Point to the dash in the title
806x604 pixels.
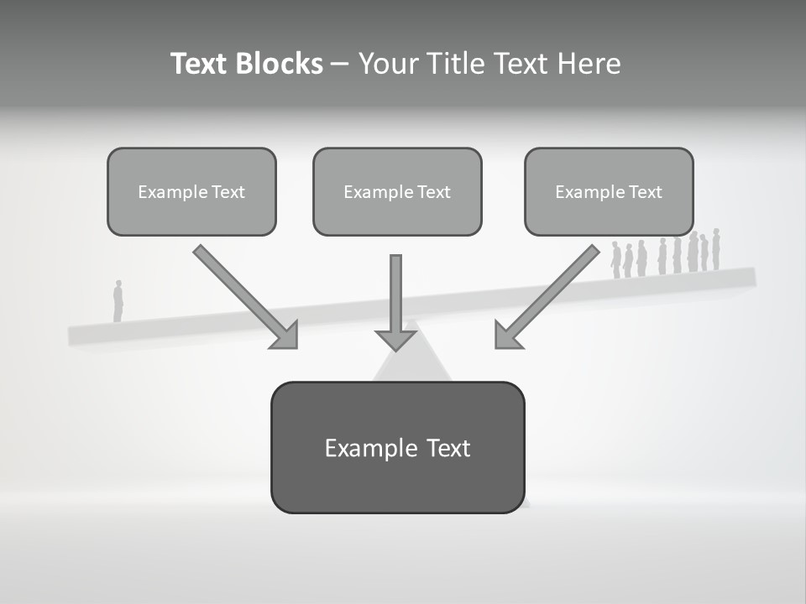tap(340, 65)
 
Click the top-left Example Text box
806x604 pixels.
tap(191, 191)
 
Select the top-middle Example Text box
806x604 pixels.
tap(397, 191)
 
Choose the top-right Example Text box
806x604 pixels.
tap(609, 191)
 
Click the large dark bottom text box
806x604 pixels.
tap(397, 447)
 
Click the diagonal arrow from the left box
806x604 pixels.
tap(244, 295)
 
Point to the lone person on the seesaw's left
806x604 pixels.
tap(118, 301)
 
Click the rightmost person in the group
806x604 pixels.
tap(716, 249)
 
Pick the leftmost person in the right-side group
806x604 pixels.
tap(615, 260)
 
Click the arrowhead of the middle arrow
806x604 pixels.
tap(395, 339)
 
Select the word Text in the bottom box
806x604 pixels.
tap(448, 448)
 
